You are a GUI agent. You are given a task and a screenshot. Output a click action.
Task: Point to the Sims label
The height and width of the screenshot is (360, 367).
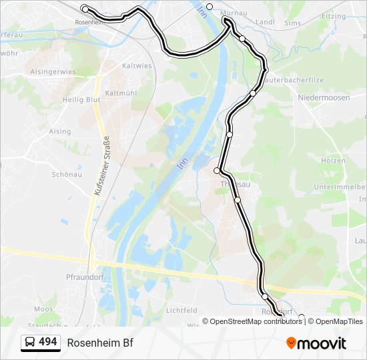click(292, 22)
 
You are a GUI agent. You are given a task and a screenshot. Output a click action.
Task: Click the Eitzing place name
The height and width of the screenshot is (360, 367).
click(334, 16)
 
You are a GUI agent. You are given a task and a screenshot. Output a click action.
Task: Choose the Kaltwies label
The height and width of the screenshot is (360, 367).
click(137, 66)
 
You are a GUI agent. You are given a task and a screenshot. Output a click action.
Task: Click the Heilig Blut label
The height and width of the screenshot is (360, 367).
click(82, 99)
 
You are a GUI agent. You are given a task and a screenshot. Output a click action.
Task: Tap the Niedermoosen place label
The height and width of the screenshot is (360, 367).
click(323, 97)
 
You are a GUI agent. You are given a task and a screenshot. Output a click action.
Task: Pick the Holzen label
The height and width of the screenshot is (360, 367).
click(333, 161)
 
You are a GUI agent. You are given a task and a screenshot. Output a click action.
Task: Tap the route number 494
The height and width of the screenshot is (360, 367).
click(48, 342)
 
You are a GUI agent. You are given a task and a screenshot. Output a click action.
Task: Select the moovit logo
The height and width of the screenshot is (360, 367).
click(316, 343)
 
